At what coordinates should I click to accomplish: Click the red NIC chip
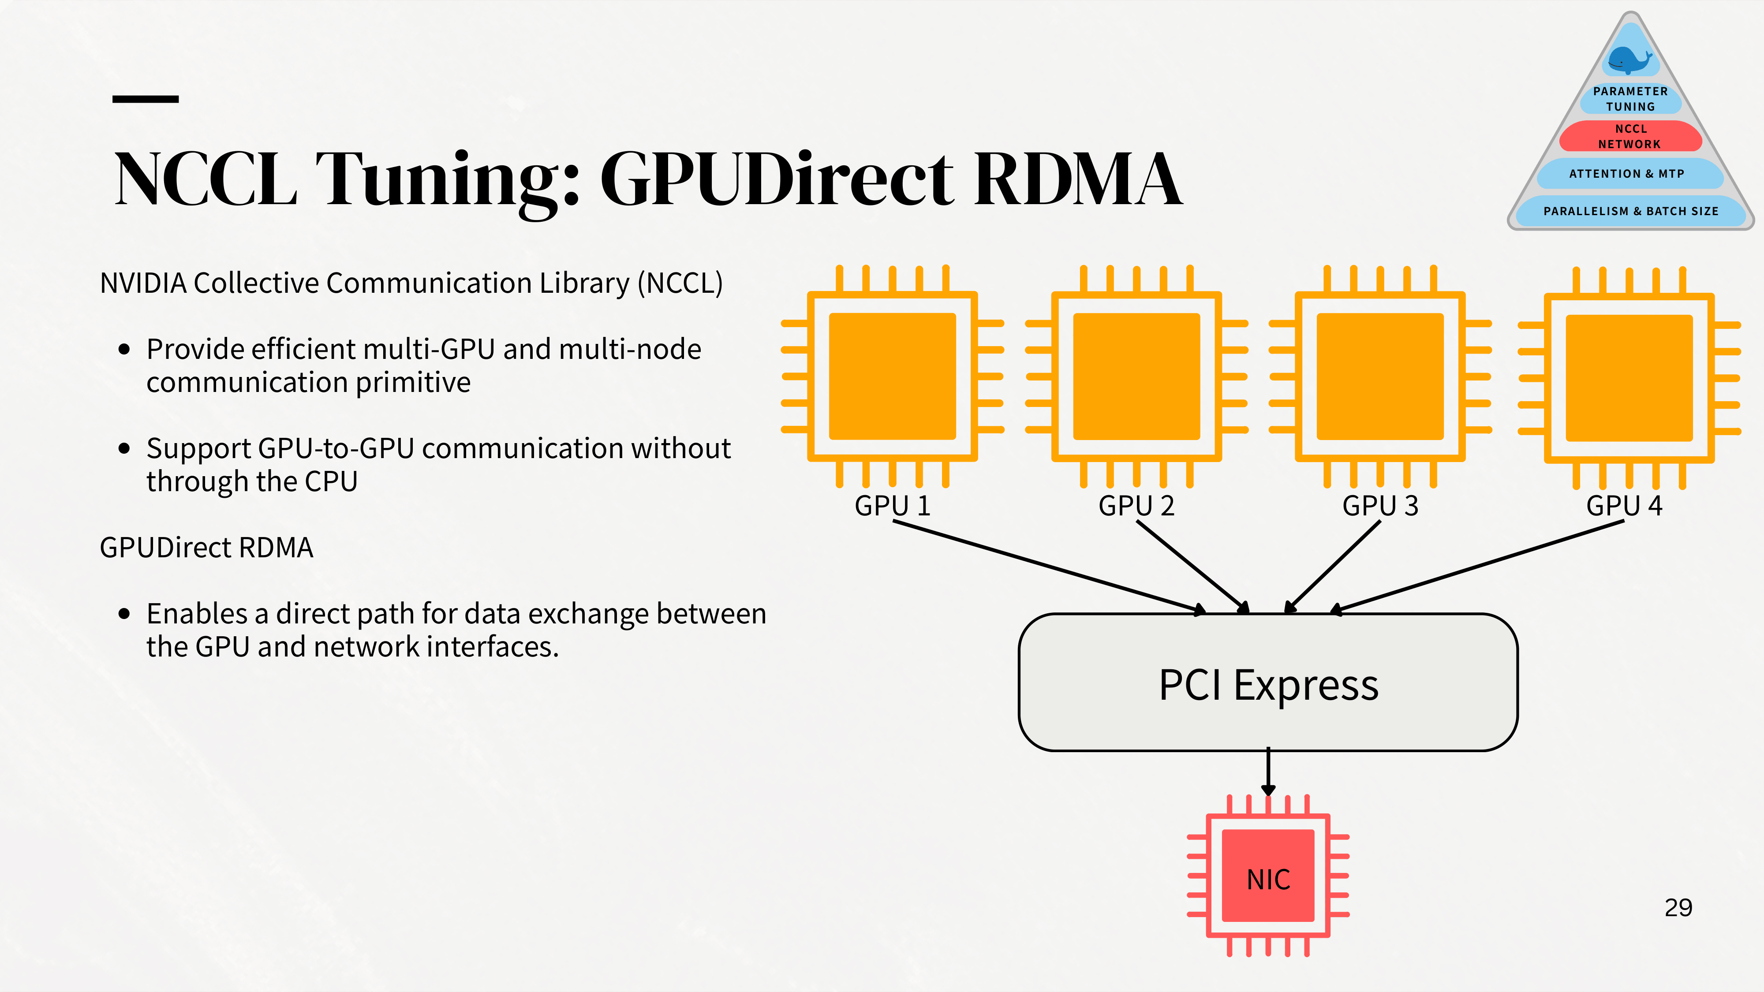[1268, 876]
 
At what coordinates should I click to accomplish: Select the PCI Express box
[1268, 682]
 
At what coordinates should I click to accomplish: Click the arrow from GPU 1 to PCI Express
[1050, 566]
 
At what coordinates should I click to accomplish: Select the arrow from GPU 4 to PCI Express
[1477, 566]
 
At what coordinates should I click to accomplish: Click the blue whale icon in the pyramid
[1630, 60]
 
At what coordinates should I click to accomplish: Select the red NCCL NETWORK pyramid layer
[1630, 136]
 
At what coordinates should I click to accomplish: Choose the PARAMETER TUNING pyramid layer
[1630, 99]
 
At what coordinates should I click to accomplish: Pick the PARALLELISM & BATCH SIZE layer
[1630, 211]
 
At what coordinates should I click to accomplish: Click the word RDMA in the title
[1078, 178]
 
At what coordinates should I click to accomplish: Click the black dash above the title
[145, 99]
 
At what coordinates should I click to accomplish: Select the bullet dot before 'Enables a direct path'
[124, 613]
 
